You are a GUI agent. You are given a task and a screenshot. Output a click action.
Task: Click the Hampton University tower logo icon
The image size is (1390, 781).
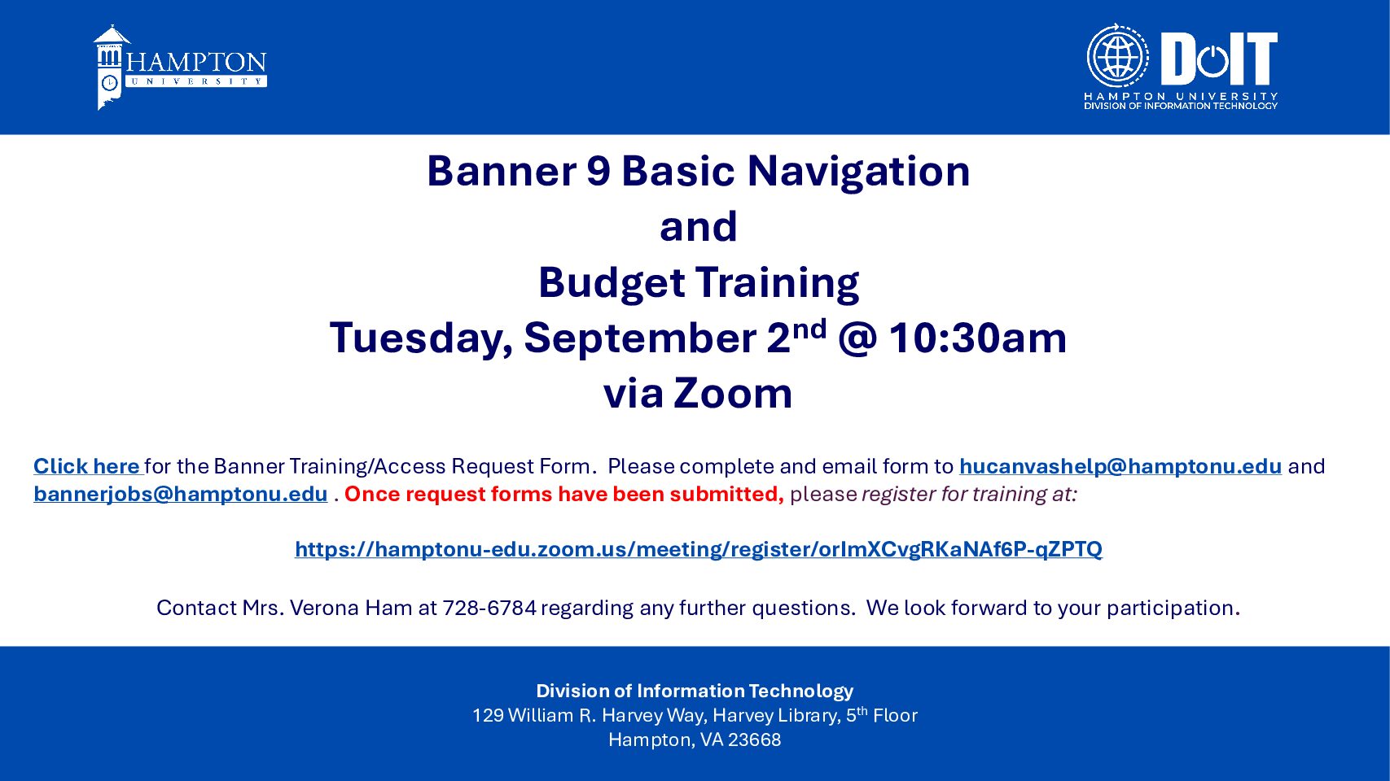[112, 67]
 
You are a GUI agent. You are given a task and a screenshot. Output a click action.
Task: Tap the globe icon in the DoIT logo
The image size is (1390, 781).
[1117, 56]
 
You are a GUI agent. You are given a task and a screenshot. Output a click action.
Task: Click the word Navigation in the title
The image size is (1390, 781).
[858, 171]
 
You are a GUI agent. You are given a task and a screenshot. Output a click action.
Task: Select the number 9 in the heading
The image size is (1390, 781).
[599, 171]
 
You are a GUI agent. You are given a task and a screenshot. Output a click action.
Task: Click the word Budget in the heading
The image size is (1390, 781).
[612, 283]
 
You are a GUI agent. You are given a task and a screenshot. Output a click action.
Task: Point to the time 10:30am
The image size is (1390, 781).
[977, 338]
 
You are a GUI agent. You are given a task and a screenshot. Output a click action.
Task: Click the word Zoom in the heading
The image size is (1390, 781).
[733, 394]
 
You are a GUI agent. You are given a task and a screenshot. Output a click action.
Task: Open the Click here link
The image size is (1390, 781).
[87, 466]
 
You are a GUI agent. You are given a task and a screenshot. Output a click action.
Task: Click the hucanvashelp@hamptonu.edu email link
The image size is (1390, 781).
[1120, 466]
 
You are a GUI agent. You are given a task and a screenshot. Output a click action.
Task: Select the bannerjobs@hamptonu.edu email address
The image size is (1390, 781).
[181, 494]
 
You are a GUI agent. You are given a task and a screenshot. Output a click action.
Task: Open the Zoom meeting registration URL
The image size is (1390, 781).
[698, 549]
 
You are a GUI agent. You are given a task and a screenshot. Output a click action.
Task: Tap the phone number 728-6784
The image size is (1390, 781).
[489, 608]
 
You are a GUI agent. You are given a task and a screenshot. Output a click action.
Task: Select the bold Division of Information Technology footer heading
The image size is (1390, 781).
[695, 691]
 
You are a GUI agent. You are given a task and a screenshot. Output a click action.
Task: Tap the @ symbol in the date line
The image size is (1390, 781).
[857, 339]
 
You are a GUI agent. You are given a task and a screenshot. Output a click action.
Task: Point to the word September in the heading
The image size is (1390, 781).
[640, 339]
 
